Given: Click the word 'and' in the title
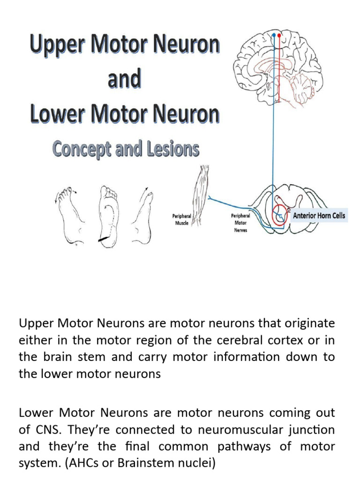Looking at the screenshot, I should click(124, 80).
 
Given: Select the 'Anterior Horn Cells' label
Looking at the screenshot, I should click(319, 216).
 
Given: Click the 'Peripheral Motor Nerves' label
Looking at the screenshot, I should click(240, 223).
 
